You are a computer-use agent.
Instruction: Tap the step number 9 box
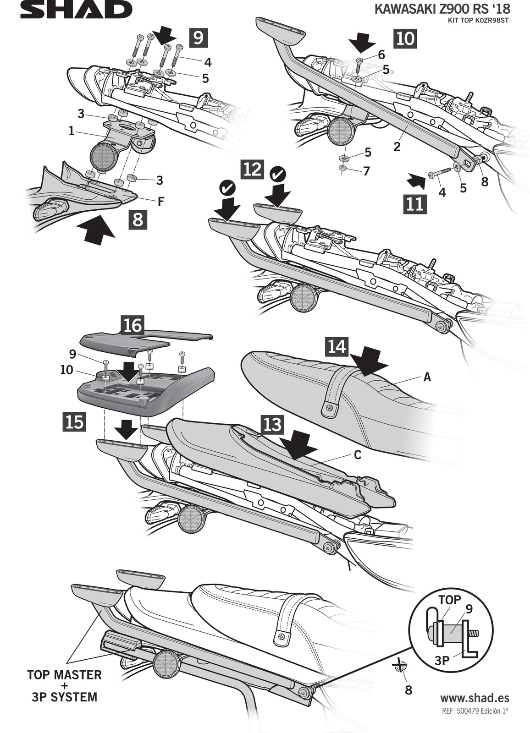[x=198, y=37]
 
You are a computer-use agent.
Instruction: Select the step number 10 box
[x=405, y=38]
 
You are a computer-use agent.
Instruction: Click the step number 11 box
[x=415, y=203]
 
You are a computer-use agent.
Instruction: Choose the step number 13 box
[x=272, y=425]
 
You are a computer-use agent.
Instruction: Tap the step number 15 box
[x=74, y=421]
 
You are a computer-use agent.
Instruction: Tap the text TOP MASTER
[x=64, y=674]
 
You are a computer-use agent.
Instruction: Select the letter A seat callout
[x=427, y=377]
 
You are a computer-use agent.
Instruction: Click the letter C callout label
[x=358, y=455]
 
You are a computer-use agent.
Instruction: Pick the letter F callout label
[x=161, y=201]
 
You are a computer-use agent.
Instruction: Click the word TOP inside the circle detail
[x=449, y=600]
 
